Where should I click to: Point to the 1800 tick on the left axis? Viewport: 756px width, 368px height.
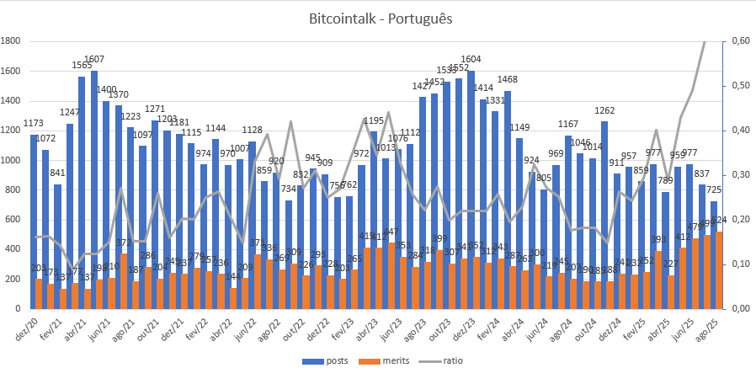coord(12,40)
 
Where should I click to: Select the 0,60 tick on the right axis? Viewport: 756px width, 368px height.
coord(742,40)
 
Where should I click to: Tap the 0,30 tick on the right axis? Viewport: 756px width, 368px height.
coord(742,174)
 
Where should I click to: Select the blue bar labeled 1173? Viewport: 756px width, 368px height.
coord(35,219)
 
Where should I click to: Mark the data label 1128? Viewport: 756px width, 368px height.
coord(252,130)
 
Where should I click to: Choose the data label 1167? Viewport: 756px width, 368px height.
coord(568,124)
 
